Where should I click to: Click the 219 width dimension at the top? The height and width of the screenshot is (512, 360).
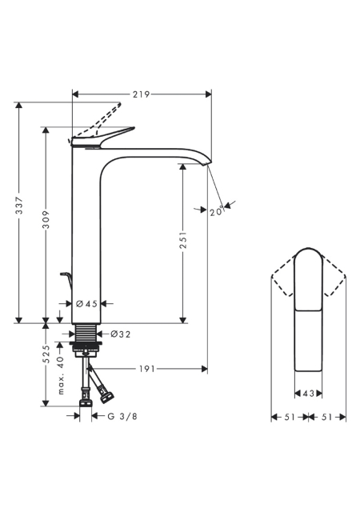[x=141, y=94]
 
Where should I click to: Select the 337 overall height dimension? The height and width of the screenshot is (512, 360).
[x=20, y=206]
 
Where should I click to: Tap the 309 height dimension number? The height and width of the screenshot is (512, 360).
[x=46, y=219]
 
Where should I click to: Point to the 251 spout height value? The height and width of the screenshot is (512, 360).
[x=183, y=240]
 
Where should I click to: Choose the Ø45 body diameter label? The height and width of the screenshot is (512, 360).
[x=86, y=304]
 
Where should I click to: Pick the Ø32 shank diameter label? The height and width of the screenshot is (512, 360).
[x=120, y=334]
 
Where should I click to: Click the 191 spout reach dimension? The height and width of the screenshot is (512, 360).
[x=147, y=369]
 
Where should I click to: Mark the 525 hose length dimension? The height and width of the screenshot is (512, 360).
[x=46, y=354]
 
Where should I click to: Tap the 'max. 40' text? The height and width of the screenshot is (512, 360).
[x=61, y=375]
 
